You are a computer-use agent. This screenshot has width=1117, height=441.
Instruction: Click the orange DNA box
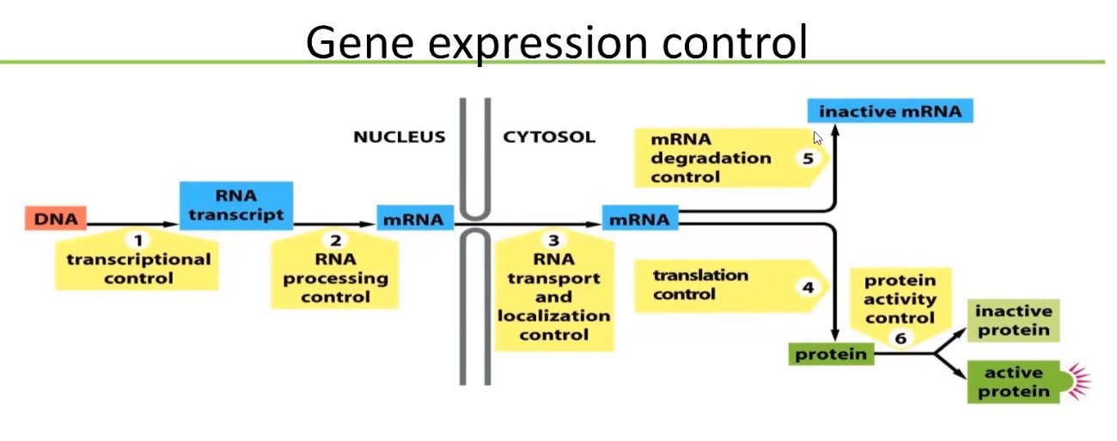pyautogui.click(x=56, y=219)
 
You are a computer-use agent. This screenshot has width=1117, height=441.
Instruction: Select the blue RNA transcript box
pyautogui.click(x=236, y=205)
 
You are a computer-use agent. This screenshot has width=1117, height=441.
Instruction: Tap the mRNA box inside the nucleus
pyautogui.click(x=413, y=219)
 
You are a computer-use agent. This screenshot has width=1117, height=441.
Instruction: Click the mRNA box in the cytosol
pyautogui.click(x=639, y=219)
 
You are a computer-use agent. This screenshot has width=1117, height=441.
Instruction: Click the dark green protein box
pyautogui.click(x=830, y=353)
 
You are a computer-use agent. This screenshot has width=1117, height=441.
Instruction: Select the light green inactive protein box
pyautogui.click(x=1012, y=322)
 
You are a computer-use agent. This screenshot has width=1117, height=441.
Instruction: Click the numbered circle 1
pyautogui.click(x=137, y=240)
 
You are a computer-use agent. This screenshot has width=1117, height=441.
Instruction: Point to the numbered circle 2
pyautogui.click(x=335, y=241)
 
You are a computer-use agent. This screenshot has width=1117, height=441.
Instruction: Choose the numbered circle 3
pyautogui.click(x=554, y=242)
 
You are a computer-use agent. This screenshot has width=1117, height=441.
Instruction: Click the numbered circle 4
pyautogui.click(x=808, y=287)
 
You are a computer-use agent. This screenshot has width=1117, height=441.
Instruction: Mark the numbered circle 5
pyautogui.click(x=807, y=158)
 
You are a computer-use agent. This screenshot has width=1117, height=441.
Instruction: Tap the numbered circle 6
pyautogui.click(x=900, y=338)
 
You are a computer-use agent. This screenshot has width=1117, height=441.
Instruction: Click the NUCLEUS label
pyautogui.click(x=400, y=137)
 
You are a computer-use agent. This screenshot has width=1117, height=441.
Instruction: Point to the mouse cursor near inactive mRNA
pyautogui.click(x=818, y=138)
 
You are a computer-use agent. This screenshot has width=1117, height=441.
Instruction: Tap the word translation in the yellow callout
pyautogui.click(x=700, y=276)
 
